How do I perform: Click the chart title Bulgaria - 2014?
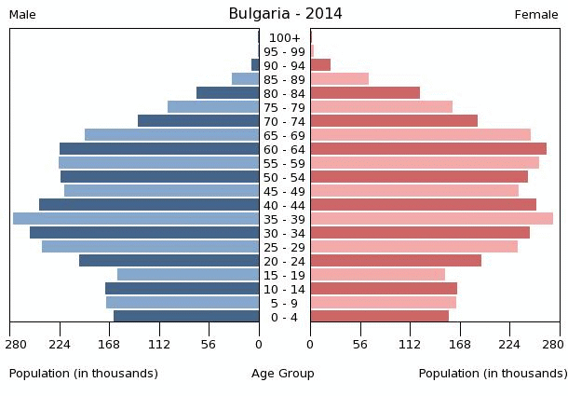coord(285,14)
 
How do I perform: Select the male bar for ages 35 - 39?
coord(136,218)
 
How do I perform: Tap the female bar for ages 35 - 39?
coord(431,218)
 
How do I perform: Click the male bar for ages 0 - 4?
coord(186,316)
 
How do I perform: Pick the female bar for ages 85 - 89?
coord(339,78)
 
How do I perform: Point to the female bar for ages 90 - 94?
coord(320,64)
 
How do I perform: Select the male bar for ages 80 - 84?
coord(227,92)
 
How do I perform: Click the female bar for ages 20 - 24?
coord(396,260)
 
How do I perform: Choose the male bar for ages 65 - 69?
coord(171,134)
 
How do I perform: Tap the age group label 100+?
coord(284,37)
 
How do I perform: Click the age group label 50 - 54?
coord(284,177)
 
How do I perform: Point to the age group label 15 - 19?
coord(284,275)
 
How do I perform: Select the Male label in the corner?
coord(22,15)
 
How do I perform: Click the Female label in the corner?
coord(536,15)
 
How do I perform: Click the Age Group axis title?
coord(283,373)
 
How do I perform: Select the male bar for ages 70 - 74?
coord(198,120)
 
